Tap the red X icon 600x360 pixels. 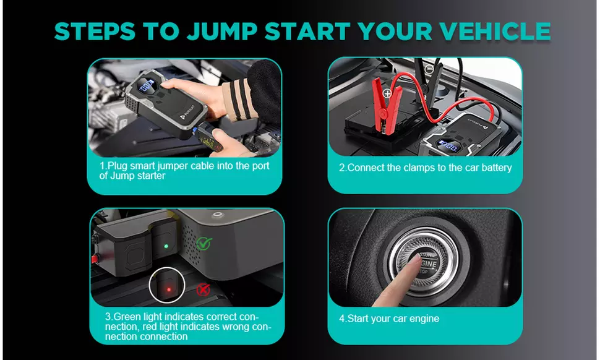pos(202,289)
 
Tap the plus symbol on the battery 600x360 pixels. pos(388,95)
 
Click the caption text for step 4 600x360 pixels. pos(389,319)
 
